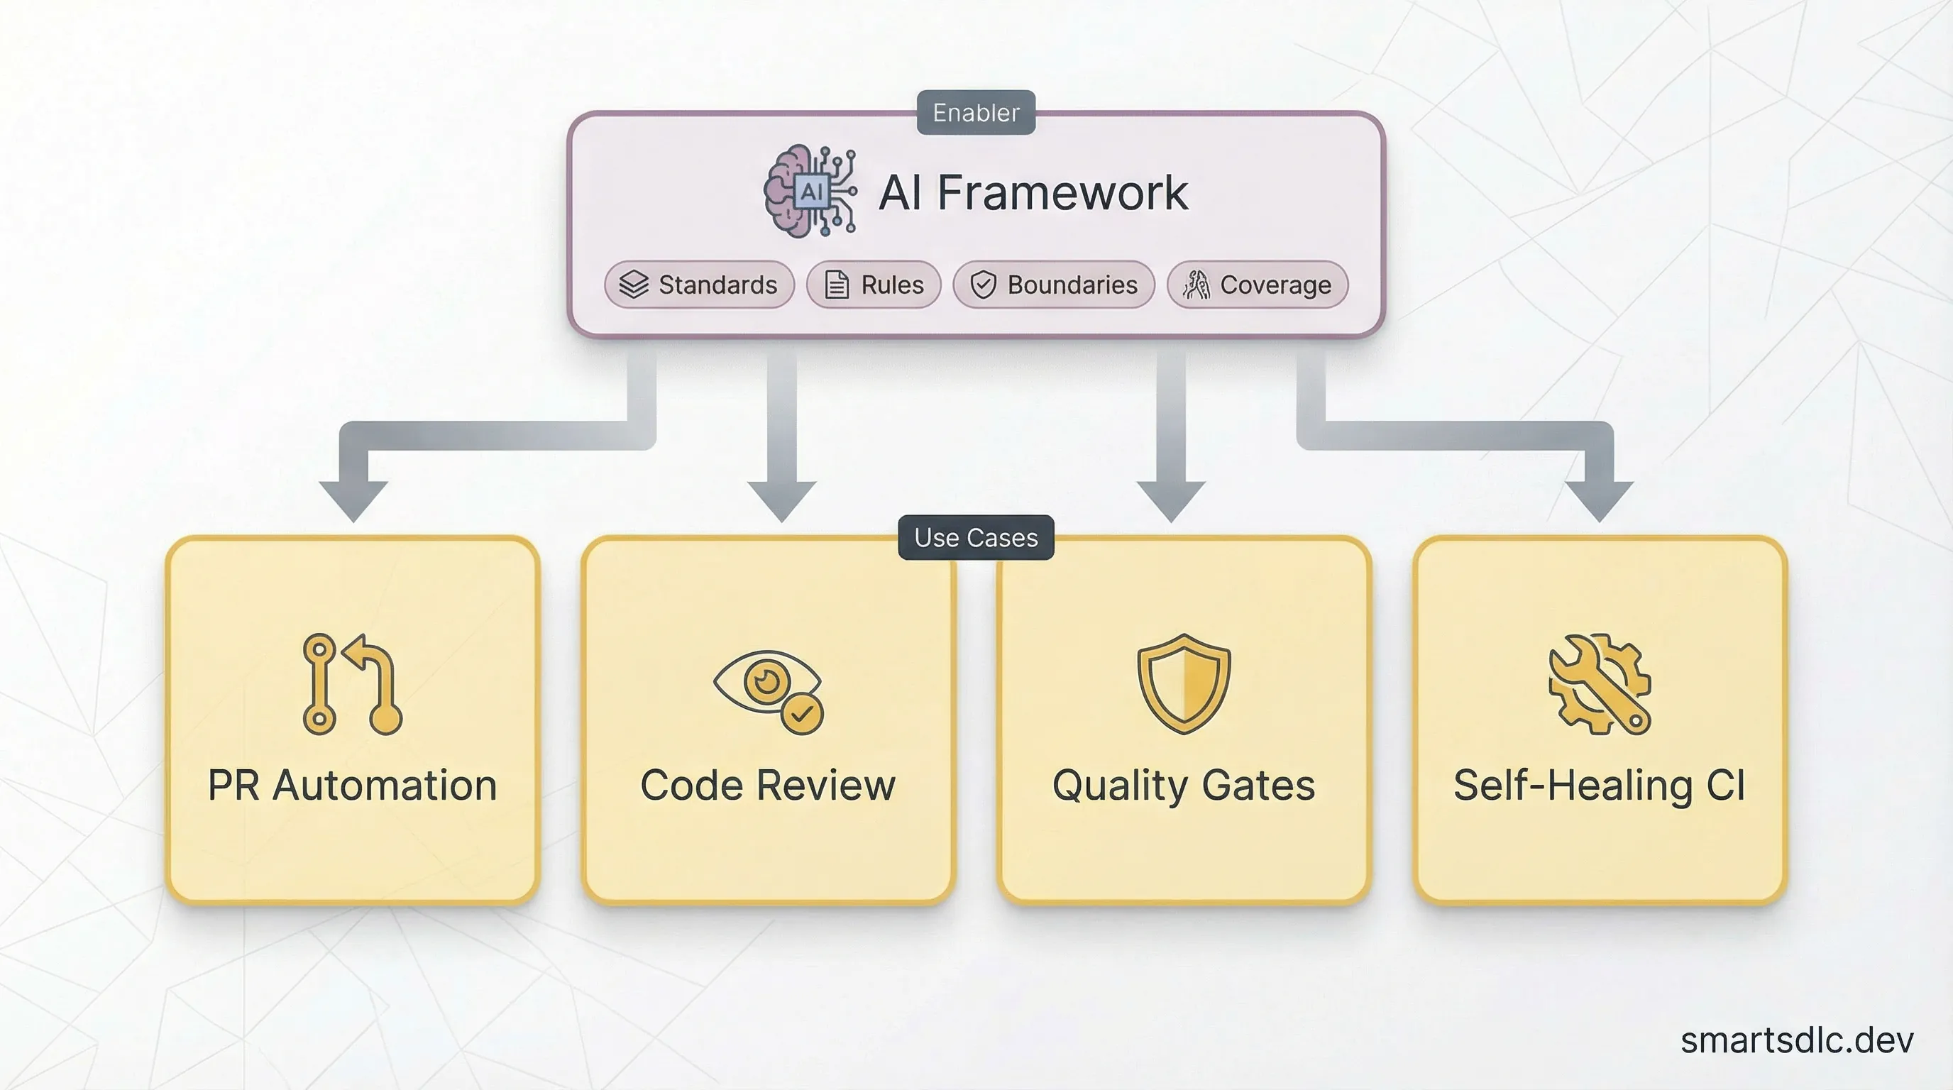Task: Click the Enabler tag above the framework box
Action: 976,112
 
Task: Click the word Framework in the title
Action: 1062,192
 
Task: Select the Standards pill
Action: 699,285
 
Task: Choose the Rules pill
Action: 874,285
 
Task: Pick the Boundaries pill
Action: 1054,285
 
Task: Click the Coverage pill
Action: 1258,285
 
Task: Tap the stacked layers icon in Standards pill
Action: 634,285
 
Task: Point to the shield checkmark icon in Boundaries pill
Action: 984,285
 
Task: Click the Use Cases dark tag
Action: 976,537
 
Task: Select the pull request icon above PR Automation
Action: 353,683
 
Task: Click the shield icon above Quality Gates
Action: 1184,683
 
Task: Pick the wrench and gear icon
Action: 1599,683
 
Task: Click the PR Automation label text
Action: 353,786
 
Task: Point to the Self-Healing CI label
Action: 1599,786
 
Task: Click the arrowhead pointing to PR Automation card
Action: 353,500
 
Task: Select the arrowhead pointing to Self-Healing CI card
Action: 1599,500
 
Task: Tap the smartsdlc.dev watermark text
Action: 1796,1040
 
